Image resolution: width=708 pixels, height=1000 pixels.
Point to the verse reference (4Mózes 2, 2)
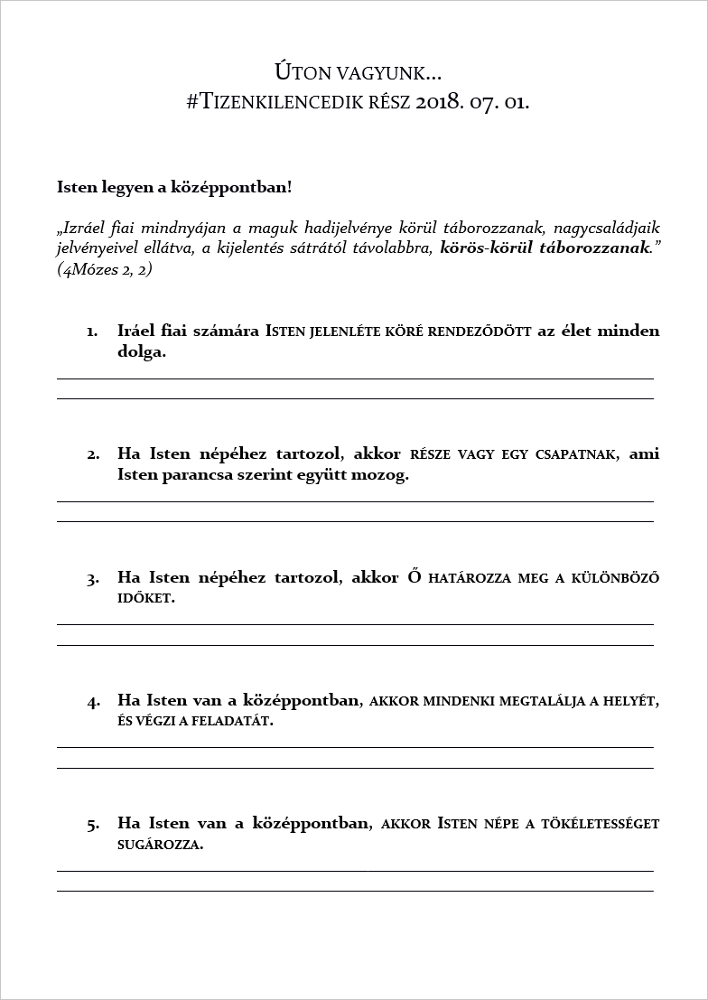pyautogui.click(x=104, y=269)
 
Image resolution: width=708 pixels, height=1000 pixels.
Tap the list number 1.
pyautogui.click(x=92, y=332)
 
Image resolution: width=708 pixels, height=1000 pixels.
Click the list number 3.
pyautogui.click(x=92, y=578)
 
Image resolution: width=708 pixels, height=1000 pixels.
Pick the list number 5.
pyautogui.click(x=92, y=825)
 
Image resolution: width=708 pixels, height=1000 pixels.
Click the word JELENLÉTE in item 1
pyautogui.click(x=343, y=332)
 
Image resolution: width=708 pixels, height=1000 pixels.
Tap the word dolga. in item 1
pyautogui.click(x=142, y=352)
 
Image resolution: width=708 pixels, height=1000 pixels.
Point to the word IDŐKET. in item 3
pyautogui.click(x=145, y=599)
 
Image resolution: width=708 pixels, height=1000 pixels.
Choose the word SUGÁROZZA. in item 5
pyautogui.click(x=160, y=846)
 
